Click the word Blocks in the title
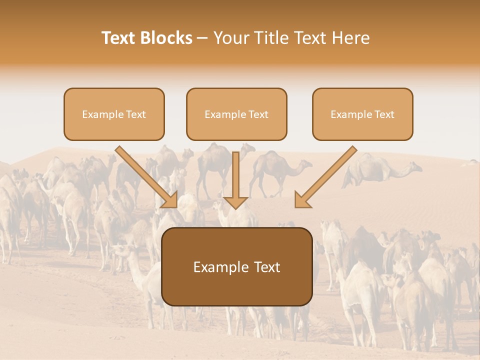pos(168,38)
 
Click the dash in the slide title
pos(202,38)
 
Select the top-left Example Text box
pos(114,114)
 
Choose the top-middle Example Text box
pos(236,114)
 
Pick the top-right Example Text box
pos(362,114)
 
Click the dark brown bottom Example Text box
pos(237,266)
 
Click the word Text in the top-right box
pos(384,114)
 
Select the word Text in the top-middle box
pos(258,114)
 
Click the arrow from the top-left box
pos(146,176)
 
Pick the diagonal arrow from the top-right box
pos(326,176)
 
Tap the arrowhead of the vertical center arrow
pos(235,202)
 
